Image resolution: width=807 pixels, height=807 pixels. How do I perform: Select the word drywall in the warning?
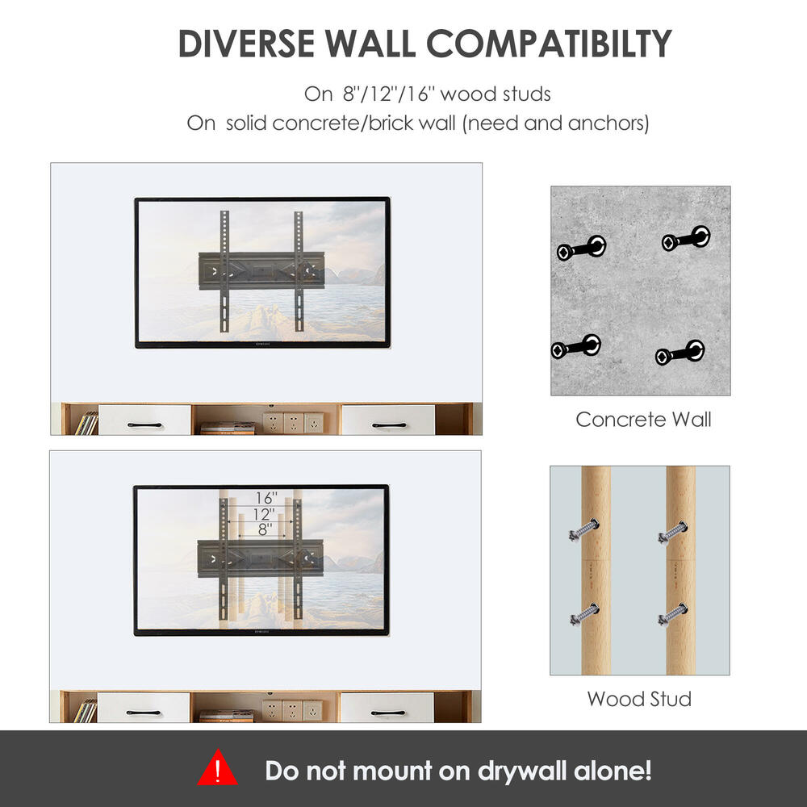(x=521, y=771)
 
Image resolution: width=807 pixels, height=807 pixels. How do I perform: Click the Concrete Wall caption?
(x=643, y=420)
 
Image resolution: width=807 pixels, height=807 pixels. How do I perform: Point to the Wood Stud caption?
(x=639, y=699)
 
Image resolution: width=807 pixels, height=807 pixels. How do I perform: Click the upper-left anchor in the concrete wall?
(x=581, y=248)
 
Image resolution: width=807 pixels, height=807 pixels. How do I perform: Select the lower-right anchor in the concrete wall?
(x=679, y=353)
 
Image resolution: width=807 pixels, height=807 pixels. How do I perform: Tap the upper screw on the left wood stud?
(x=583, y=531)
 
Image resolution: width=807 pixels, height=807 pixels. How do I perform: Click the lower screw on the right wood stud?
(x=672, y=614)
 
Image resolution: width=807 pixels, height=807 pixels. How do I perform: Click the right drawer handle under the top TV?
(x=390, y=424)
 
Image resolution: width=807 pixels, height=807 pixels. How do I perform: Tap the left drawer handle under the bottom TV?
(x=144, y=713)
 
